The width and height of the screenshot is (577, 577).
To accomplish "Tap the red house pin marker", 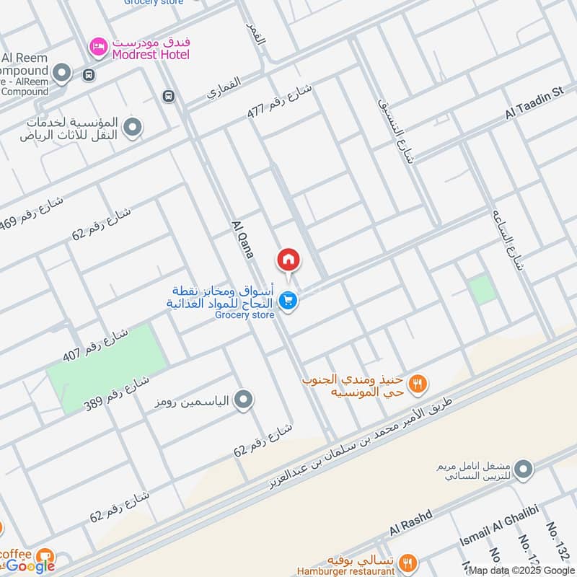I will [288, 259].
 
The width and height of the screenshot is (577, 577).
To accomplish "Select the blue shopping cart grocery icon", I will [288, 301].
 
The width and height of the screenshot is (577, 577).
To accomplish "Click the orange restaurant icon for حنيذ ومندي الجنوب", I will [417, 384].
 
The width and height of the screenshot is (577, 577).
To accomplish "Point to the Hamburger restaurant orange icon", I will [408, 562].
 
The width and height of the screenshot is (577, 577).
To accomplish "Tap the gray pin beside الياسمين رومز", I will [244, 399].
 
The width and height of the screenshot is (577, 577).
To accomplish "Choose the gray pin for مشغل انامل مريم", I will [526, 469].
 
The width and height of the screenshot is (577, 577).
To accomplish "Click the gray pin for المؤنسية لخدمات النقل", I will [132, 128].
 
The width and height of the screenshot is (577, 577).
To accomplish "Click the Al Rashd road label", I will [410, 522].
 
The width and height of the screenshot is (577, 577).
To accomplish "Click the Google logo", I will [30, 566].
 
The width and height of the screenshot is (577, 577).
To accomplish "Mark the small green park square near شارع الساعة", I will [483, 290].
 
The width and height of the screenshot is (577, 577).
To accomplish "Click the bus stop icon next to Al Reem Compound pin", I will [89, 74].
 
